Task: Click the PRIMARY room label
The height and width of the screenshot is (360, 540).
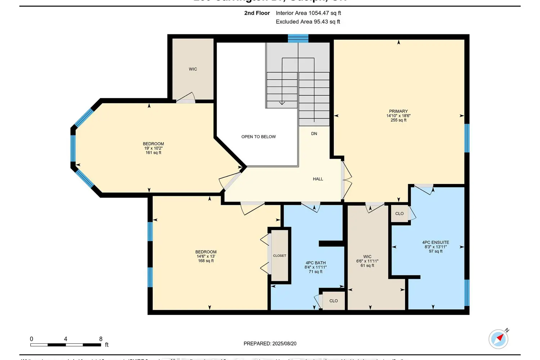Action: (x=398, y=111)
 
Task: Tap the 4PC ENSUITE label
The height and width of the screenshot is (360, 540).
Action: (x=435, y=242)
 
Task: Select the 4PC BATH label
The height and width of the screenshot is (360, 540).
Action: (x=315, y=263)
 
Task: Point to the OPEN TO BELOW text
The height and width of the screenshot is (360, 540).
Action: (x=258, y=137)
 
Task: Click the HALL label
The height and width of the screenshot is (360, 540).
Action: (x=318, y=179)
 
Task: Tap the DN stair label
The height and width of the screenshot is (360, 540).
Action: (x=314, y=134)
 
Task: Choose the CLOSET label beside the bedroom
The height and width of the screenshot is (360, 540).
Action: (x=279, y=256)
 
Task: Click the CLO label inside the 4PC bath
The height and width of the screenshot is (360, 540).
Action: (x=333, y=301)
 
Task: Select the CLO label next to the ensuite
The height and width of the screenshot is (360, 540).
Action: (x=399, y=213)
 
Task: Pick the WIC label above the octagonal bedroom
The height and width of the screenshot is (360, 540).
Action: (x=193, y=69)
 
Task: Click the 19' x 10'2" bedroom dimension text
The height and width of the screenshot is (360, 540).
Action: (x=153, y=148)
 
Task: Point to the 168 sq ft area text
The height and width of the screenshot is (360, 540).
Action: (x=206, y=261)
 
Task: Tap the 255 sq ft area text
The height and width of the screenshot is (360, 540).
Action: (x=398, y=120)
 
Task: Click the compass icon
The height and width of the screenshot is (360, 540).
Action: (x=499, y=339)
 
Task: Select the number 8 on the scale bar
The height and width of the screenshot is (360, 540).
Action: (x=101, y=339)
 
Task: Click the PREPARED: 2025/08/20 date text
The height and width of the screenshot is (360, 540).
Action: (x=270, y=343)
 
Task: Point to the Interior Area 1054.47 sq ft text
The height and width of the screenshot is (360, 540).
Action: (x=308, y=13)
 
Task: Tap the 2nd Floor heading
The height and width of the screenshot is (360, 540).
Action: (x=257, y=13)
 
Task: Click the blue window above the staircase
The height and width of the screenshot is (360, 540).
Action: (x=298, y=38)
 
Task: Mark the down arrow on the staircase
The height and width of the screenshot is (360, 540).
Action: (x=282, y=103)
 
